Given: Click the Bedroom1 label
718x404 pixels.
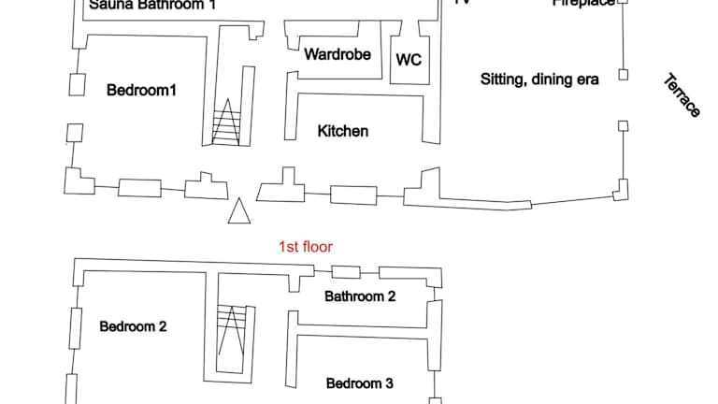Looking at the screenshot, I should [141, 90].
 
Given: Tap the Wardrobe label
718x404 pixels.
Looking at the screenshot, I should [337, 54].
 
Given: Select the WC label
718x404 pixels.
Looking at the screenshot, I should [409, 60].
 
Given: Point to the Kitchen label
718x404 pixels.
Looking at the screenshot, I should [343, 131].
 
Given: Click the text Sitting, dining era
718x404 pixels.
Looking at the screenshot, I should [539, 79].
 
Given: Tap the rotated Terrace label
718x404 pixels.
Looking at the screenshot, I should [682, 95].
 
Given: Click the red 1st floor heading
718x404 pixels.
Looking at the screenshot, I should [306, 247].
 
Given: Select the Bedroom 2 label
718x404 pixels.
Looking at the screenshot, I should [133, 326].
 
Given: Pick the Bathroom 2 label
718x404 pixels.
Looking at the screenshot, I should [360, 296].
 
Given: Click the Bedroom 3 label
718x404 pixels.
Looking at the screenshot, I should [359, 382].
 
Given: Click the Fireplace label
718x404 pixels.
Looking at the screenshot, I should [583, 3].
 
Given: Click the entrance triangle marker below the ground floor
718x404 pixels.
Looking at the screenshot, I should [240, 212].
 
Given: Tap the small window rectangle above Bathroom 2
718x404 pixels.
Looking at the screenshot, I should [346, 272].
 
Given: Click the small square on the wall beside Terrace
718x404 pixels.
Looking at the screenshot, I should [624, 75].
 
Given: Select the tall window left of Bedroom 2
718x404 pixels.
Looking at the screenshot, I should [74, 327].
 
